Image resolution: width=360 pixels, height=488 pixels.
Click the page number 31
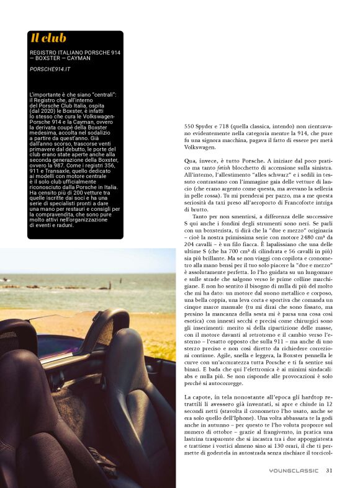[x=329, y=470]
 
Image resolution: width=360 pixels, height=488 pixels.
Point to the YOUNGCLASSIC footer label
[x=295, y=470]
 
